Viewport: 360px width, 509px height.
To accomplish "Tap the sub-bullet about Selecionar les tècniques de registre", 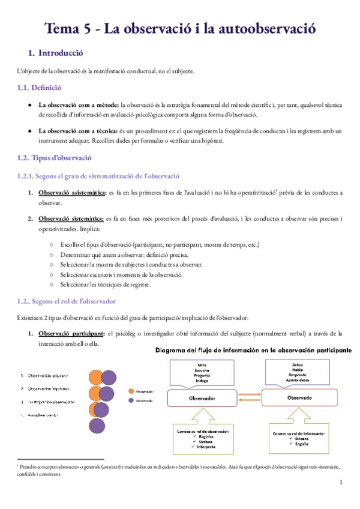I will (x=105, y=285).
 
